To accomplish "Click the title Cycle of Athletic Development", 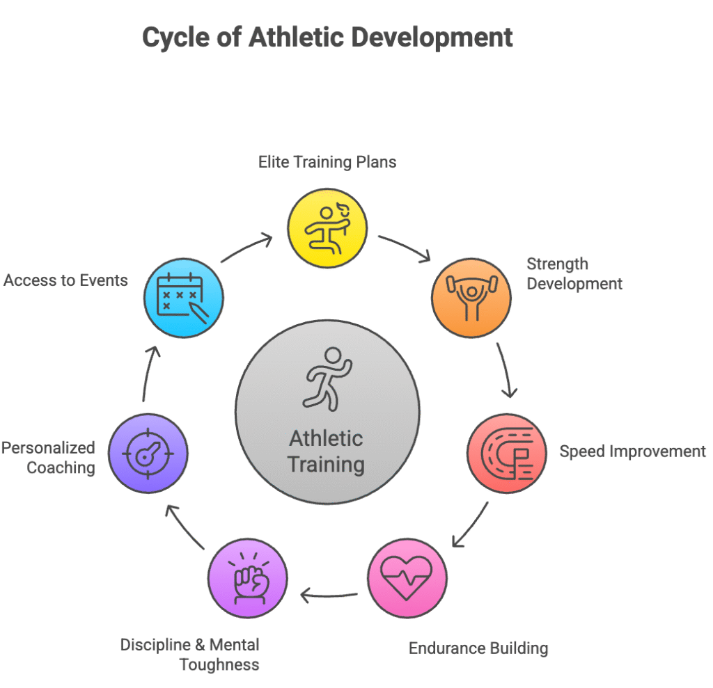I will pyautogui.click(x=327, y=38).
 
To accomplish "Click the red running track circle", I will pyautogui.click(x=506, y=454).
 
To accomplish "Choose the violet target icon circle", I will pyautogui.click(x=148, y=454).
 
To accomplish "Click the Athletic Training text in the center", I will pyautogui.click(x=327, y=451).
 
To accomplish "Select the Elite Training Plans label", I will pyautogui.click(x=327, y=162).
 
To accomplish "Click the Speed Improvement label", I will pyautogui.click(x=632, y=451).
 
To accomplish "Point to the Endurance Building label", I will pyautogui.click(x=478, y=648).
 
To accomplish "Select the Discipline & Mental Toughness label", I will pyautogui.click(x=190, y=655).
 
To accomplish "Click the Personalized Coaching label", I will pyautogui.click(x=49, y=458).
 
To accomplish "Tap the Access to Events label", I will pyautogui.click(x=65, y=280).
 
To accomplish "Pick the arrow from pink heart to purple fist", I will pyautogui.click(x=329, y=595).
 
